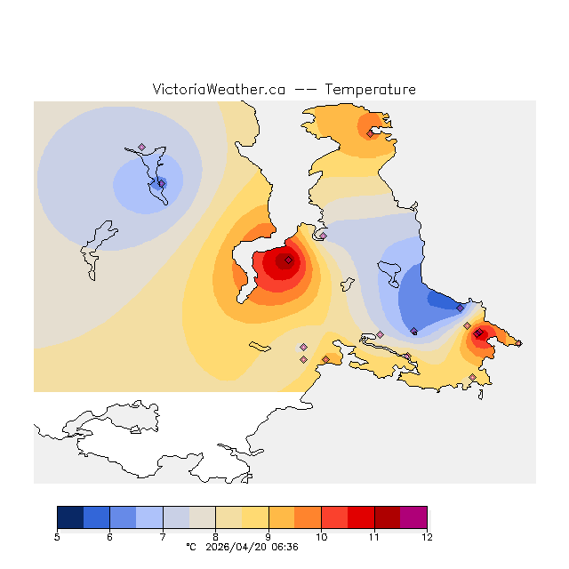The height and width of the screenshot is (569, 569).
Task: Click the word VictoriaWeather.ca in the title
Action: pyautogui.click(x=219, y=90)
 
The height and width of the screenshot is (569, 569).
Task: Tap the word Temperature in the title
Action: pyautogui.click(x=370, y=90)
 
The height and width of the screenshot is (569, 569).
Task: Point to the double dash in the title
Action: pyautogui.click(x=304, y=90)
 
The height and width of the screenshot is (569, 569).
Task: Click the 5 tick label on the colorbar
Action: pyautogui.click(x=57, y=537)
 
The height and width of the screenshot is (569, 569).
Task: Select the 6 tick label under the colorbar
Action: pyautogui.click(x=109, y=537)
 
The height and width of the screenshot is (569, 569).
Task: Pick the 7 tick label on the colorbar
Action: pyautogui.click(x=163, y=537)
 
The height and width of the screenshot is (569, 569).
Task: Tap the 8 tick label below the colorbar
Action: pyautogui.click(x=215, y=537)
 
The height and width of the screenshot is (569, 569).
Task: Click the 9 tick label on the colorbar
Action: pyautogui.click(x=268, y=537)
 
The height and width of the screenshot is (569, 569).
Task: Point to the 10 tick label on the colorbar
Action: pyautogui.click(x=321, y=537)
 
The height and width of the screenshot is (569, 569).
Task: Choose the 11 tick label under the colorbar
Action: pyautogui.click(x=374, y=537)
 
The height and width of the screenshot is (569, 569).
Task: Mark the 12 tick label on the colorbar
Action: pyautogui.click(x=427, y=537)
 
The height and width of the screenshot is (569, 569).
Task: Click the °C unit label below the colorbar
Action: pyautogui.click(x=190, y=547)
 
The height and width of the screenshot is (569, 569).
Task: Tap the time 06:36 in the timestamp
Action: pyautogui.click(x=284, y=547)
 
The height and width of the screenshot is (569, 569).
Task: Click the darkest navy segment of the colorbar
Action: pyautogui.click(x=70, y=517)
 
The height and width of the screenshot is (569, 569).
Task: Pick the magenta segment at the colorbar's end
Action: pyautogui.click(x=413, y=517)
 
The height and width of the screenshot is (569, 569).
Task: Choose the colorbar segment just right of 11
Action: pyautogui.click(x=387, y=517)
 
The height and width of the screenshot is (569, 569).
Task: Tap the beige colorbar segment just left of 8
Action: pyautogui.click(x=202, y=517)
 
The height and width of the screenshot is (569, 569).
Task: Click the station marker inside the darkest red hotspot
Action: pyautogui.click(x=288, y=260)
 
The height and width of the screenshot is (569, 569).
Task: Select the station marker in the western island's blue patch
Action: pyautogui.click(x=161, y=183)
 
